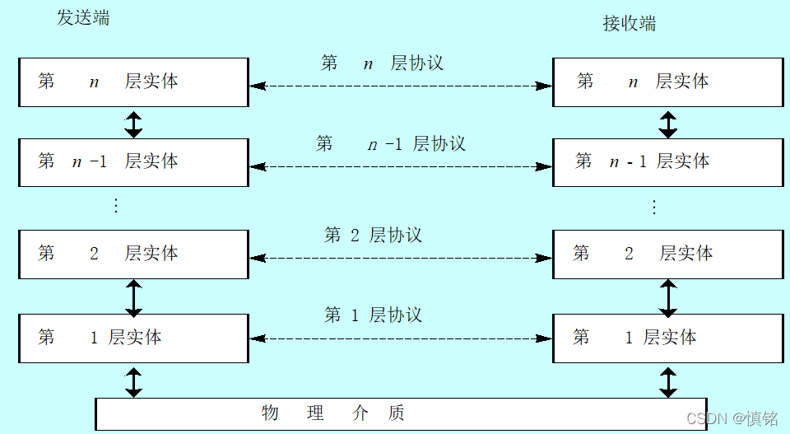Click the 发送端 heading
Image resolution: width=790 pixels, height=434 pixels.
click(83, 18)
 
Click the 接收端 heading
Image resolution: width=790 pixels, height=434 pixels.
click(630, 23)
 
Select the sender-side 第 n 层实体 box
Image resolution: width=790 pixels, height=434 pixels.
click(133, 82)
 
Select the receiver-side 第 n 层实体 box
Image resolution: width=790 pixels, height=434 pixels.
click(667, 82)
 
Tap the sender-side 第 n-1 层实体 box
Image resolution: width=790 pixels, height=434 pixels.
click(133, 162)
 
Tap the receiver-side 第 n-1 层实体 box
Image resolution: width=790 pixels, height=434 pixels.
click(667, 162)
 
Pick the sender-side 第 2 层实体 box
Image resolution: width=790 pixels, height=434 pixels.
click(133, 254)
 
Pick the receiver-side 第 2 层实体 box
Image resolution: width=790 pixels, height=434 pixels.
click(667, 254)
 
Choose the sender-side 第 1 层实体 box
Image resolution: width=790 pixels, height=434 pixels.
click(133, 338)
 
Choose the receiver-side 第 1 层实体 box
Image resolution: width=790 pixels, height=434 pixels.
click(667, 338)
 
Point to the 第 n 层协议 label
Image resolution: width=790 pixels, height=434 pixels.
click(382, 63)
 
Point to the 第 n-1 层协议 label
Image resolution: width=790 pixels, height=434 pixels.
click(390, 144)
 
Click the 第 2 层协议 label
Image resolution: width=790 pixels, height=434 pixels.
click(373, 236)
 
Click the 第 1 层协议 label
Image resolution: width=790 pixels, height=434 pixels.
click(373, 315)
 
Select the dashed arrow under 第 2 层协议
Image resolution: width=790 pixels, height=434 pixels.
click(400, 258)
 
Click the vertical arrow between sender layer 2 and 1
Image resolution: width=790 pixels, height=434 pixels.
click(133, 297)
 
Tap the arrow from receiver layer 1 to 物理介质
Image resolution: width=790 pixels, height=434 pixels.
click(668, 382)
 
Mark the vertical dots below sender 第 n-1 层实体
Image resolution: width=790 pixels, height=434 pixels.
click(116, 206)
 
